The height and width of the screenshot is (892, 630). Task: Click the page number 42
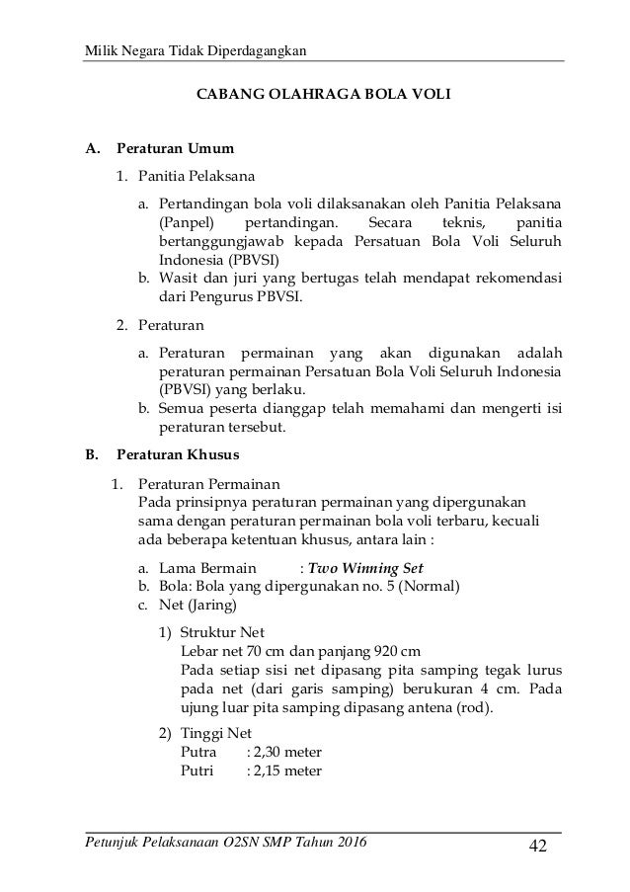click(x=537, y=847)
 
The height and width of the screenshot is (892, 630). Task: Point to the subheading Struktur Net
click(x=222, y=632)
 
